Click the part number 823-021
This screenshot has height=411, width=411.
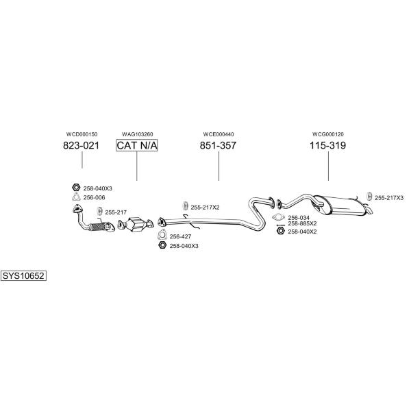[x=82, y=145]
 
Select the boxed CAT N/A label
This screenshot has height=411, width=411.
[x=137, y=145]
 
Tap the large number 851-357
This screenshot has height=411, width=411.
[x=218, y=145]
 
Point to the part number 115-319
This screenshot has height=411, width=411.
[x=328, y=145]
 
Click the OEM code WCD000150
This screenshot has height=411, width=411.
[x=82, y=134]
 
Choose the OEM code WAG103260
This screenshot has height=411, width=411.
[x=138, y=134]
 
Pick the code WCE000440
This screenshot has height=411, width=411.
[x=219, y=134]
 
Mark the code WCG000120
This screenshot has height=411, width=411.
[x=328, y=134]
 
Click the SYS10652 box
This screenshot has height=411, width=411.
[x=23, y=276]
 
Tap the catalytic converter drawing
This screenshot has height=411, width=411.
[x=135, y=225]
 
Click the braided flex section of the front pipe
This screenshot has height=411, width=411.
[x=98, y=227]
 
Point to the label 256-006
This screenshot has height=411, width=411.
[x=94, y=198]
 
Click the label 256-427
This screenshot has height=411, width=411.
[x=180, y=237]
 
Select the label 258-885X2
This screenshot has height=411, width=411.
[x=302, y=223]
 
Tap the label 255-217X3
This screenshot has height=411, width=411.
[x=389, y=198]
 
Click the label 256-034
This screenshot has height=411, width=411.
[x=299, y=218]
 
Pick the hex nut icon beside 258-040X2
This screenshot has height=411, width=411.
[x=280, y=231]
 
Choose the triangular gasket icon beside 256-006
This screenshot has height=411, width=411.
[x=76, y=197]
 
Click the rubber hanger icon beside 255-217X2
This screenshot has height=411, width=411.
[x=186, y=206]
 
